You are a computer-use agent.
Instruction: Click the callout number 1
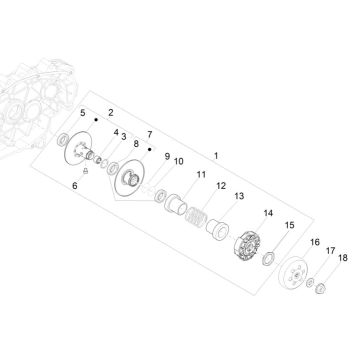[x=216, y=156]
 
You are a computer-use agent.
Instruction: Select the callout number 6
[x=75, y=186]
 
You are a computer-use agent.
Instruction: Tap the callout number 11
[x=201, y=174]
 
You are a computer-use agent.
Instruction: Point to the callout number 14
[x=268, y=213]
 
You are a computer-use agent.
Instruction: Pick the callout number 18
[x=343, y=258]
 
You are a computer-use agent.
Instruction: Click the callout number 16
[x=315, y=242]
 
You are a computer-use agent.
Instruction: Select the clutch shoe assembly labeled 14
[x=248, y=246]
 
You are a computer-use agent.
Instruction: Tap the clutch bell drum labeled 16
[x=292, y=273]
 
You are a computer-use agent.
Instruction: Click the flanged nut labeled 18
[x=321, y=288]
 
